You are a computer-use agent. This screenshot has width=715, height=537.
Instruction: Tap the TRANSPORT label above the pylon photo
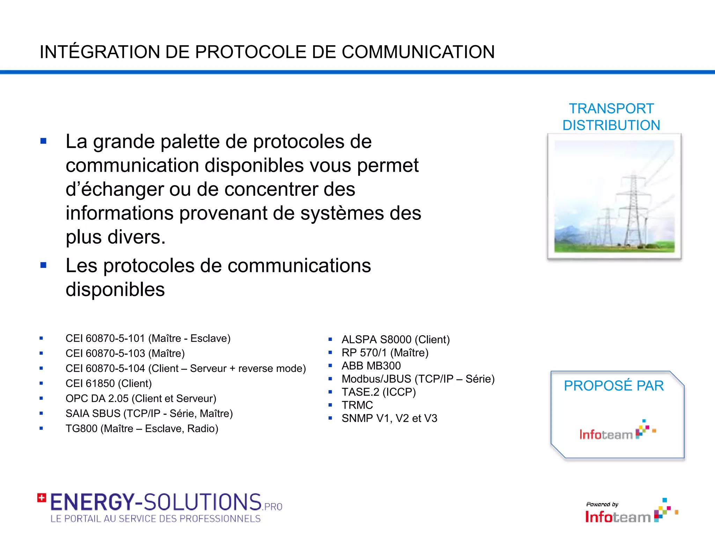(611, 109)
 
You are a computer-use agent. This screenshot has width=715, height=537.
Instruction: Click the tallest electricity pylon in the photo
(633, 210)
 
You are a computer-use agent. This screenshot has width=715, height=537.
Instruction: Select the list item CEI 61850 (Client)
(109, 384)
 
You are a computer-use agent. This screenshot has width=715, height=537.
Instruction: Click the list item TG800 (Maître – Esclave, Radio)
(142, 429)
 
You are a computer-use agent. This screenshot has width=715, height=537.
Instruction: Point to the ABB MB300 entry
(371, 366)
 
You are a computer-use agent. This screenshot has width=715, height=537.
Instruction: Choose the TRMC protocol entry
(357, 405)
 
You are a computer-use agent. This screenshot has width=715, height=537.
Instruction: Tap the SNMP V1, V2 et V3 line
(389, 418)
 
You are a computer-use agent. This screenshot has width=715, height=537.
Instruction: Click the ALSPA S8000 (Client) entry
(396, 339)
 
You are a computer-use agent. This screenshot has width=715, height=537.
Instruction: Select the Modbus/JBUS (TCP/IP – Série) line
(418, 379)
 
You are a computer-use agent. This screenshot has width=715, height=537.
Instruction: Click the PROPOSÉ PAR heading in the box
(614, 386)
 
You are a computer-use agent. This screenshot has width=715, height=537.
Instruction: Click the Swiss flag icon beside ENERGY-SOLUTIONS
(42, 497)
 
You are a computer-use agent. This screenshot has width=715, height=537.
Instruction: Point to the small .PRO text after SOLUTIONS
(273, 507)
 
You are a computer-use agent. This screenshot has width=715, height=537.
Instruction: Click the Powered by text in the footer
(602, 504)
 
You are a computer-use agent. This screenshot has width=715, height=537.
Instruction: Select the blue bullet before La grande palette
(43, 141)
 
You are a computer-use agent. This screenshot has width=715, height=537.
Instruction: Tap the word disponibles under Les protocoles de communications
(115, 289)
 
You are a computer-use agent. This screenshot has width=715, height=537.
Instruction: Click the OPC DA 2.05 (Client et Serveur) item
(141, 399)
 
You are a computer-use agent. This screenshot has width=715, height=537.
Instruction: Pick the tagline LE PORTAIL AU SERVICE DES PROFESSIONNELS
(155, 519)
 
